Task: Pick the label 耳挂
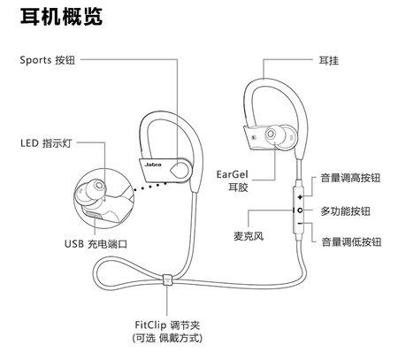click(x=328, y=60)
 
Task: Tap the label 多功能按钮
click(x=345, y=211)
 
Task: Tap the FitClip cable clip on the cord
click(x=167, y=284)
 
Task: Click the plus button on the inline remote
click(x=300, y=195)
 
